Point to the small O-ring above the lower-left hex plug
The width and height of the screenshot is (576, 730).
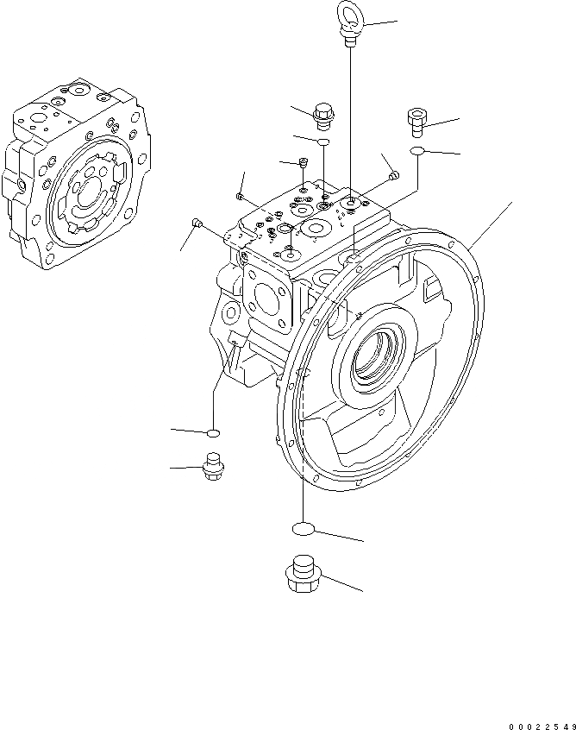213,431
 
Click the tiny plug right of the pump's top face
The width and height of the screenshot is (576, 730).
394,177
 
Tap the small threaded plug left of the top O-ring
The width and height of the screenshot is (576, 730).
304,162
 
